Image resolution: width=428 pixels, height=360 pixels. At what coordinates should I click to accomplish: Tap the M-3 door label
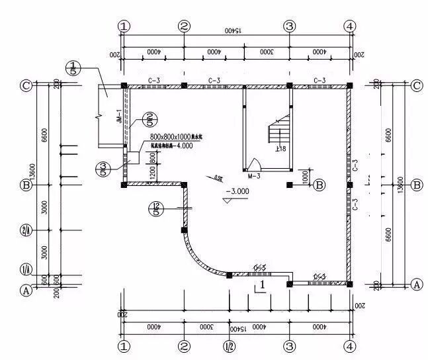(254, 177)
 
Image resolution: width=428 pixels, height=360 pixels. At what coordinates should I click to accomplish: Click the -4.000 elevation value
(179, 146)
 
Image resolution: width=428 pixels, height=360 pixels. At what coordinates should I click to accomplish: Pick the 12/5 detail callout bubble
(155, 210)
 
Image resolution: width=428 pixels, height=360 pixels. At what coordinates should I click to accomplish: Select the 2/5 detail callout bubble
(150, 119)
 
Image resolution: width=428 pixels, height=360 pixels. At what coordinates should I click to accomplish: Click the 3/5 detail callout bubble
(103, 169)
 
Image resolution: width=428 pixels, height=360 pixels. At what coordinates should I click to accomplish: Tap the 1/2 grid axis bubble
(229, 345)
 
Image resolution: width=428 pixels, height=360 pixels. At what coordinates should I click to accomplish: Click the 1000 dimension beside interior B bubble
(304, 177)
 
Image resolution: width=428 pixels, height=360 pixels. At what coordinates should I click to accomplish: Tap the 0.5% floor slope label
(218, 178)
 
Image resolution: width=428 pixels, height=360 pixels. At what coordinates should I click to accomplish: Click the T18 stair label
(280, 150)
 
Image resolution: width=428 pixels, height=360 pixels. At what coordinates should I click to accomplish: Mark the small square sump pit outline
(133, 157)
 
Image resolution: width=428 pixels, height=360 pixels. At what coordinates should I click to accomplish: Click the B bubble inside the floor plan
(319, 185)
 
